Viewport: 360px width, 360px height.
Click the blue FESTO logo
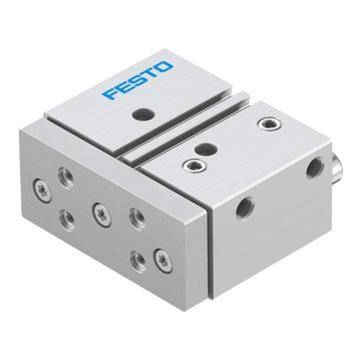point(138,79)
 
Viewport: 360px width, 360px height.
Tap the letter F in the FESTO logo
point(110,92)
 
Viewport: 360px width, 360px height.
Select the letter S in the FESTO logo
point(137,79)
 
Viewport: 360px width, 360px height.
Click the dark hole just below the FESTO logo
point(143,115)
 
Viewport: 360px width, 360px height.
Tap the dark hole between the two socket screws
point(206,149)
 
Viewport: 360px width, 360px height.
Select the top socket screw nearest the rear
point(269,123)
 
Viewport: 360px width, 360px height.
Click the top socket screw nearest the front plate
point(195,165)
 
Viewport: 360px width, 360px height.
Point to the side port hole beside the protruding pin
point(315,168)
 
